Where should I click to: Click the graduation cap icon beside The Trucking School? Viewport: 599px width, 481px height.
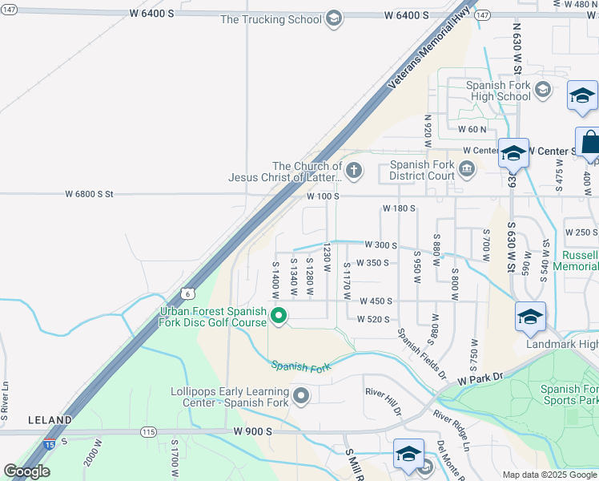pyautogui.click(x=334, y=19)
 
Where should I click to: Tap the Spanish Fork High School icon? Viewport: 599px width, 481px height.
pyautogui.click(x=544, y=89)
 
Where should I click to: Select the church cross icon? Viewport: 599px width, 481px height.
pyautogui.click(x=353, y=169)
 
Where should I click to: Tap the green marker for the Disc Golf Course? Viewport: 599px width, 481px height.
pyautogui.click(x=279, y=316)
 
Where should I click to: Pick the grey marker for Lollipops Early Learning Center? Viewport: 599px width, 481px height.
pyautogui.click(x=301, y=394)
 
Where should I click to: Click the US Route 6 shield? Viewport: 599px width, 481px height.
pyautogui.click(x=187, y=294)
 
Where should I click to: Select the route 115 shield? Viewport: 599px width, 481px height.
pyautogui.click(x=147, y=431)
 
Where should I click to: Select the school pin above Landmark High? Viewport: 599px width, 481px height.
pyautogui.click(x=529, y=317)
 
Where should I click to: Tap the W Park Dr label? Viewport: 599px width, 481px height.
pyautogui.click(x=479, y=377)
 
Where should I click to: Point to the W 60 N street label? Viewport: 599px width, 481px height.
pyautogui.click(x=472, y=128)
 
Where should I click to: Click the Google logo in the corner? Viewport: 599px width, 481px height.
pyautogui.click(x=26, y=471)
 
